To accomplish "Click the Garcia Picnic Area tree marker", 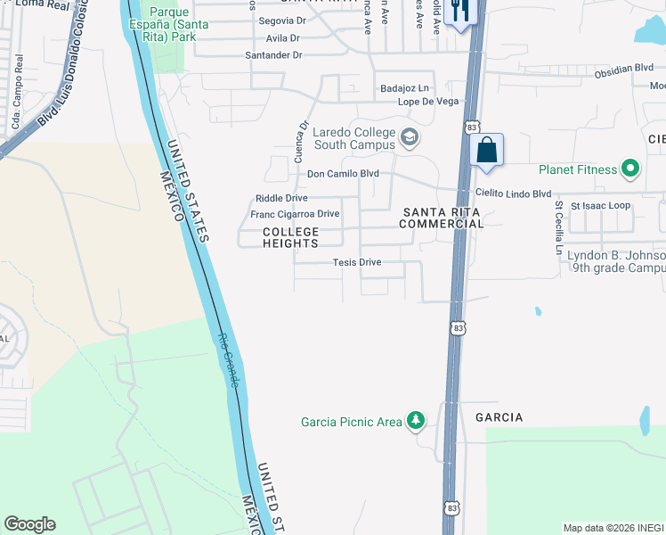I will tap(415, 420).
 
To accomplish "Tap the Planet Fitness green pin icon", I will tap(630, 169).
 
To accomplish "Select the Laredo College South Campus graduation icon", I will tap(410, 137).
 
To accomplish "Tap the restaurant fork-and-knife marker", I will tap(460, 12).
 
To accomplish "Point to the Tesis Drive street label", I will tap(356, 262).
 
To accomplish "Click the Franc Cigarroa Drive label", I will tap(295, 214).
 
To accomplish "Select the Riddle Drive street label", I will tap(281, 198).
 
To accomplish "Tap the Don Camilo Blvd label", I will tap(343, 174).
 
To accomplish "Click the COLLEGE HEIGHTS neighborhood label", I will tap(290, 238).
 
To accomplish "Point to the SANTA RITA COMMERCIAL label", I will tap(442, 218).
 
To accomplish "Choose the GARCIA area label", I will tap(499, 417).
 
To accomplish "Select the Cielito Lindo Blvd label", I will tap(513, 193).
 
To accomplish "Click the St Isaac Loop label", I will tap(600, 205).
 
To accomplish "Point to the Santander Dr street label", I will tap(274, 55).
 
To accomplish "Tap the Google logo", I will tap(29, 524).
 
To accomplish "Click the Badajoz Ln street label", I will tap(404, 88).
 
